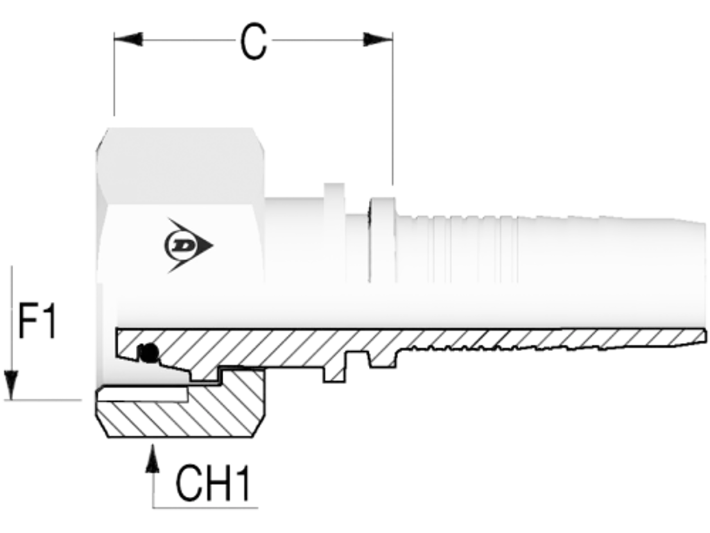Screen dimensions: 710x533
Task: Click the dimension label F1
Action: tap(37, 321)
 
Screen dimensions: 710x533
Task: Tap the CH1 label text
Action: tap(213, 484)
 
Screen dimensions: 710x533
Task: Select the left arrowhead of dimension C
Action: tap(128, 40)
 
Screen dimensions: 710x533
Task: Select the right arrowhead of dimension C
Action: tap(378, 40)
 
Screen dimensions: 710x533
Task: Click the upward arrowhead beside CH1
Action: tap(153, 459)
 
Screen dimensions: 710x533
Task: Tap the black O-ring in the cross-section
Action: tap(148, 353)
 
